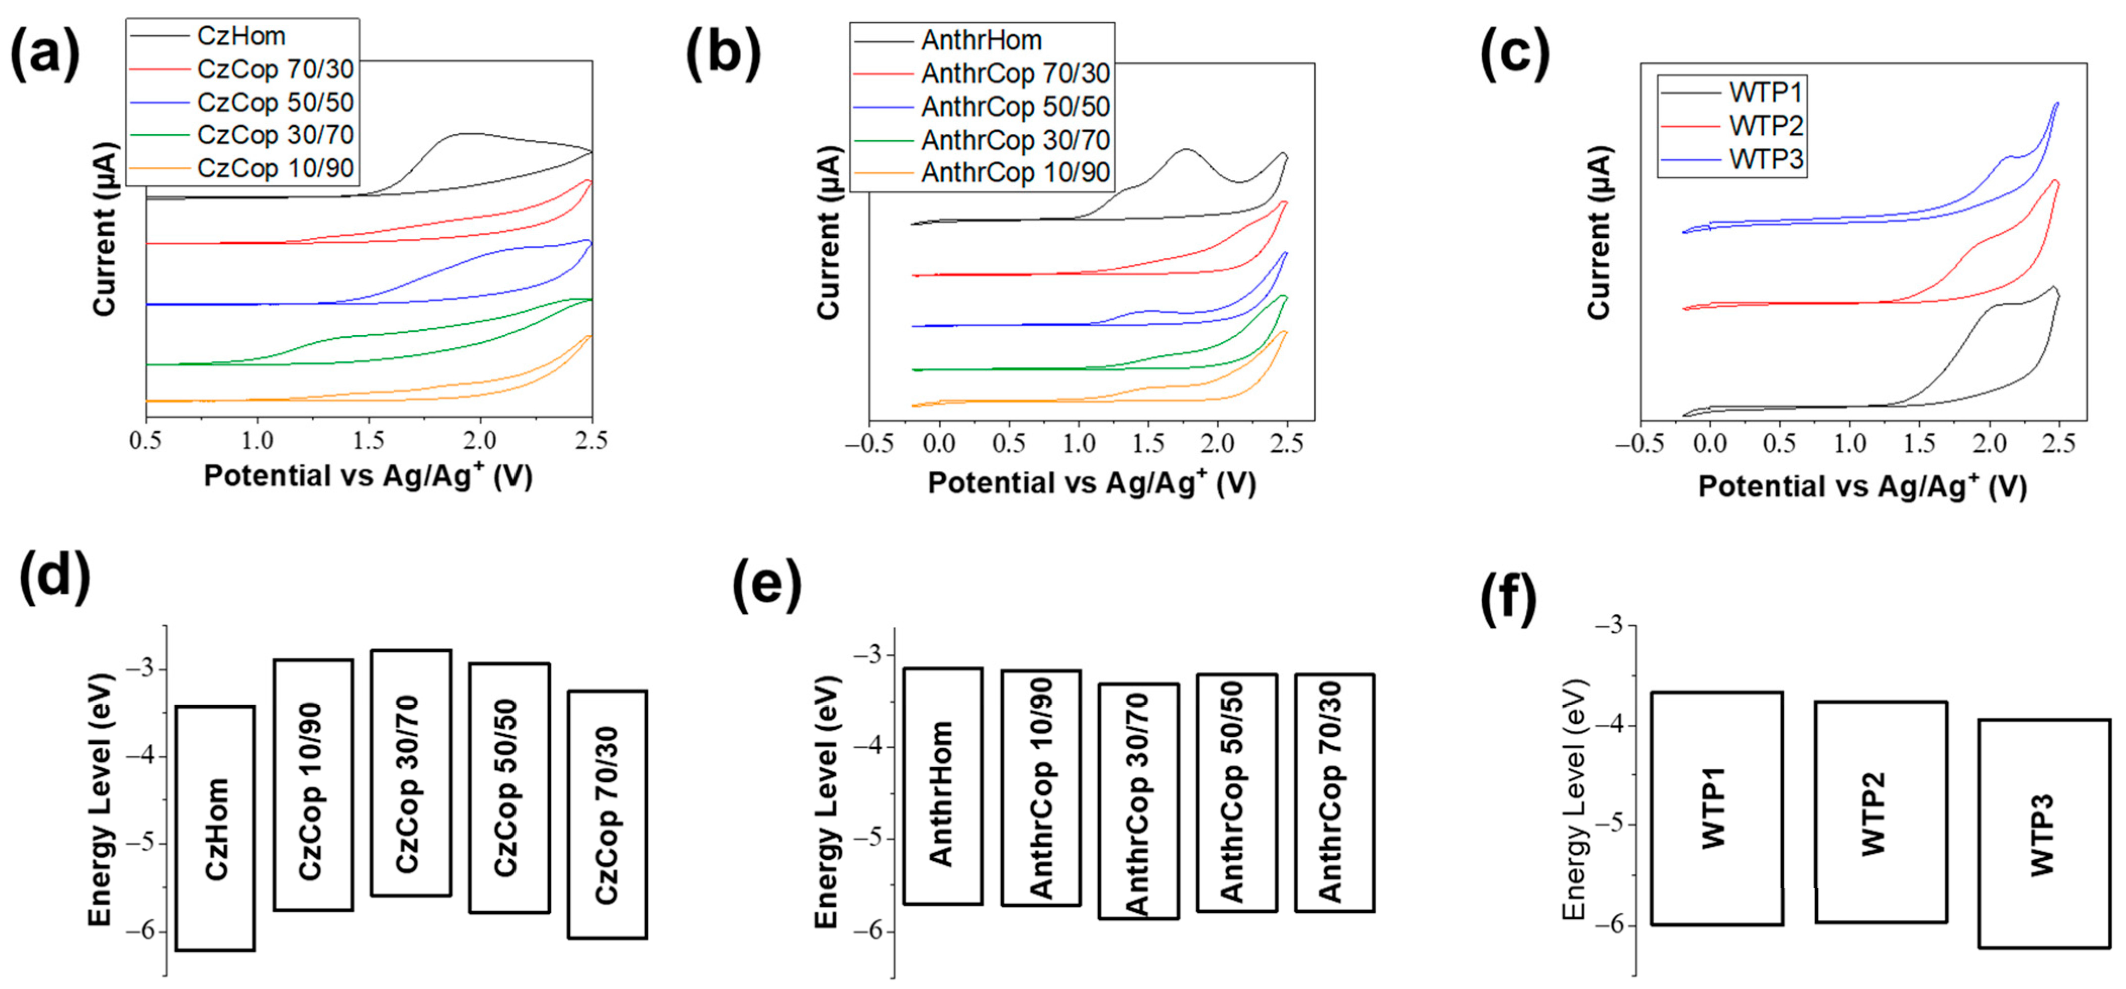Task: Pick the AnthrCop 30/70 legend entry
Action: pyautogui.click(x=1014, y=140)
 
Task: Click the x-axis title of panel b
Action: pyautogui.click(x=1091, y=483)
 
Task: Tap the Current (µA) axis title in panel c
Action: pyautogui.click(x=1599, y=233)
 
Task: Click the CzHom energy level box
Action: pyautogui.click(x=215, y=827)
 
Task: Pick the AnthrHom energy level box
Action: pyautogui.click(x=943, y=786)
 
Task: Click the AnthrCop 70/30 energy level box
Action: pyautogui.click(x=1334, y=792)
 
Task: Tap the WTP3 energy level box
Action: pyautogui.click(x=2044, y=833)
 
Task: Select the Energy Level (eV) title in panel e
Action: pyautogui.click(x=826, y=802)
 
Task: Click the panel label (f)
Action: pyautogui.click(x=1507, y=597)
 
